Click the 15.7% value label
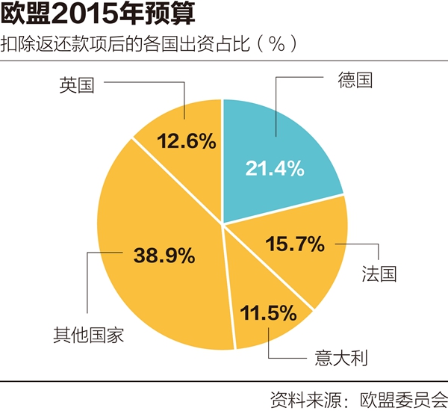pyautogui.click(x=296, y=243)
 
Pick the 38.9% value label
pyautogui.click(x=164, y=254)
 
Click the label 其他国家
pyautogui.click(x=89, y=334)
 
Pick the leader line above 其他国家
pyautogui.click(x=88, y=284)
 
